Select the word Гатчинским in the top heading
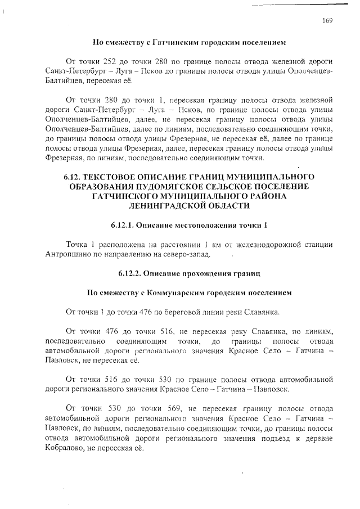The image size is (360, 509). (174, 42)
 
